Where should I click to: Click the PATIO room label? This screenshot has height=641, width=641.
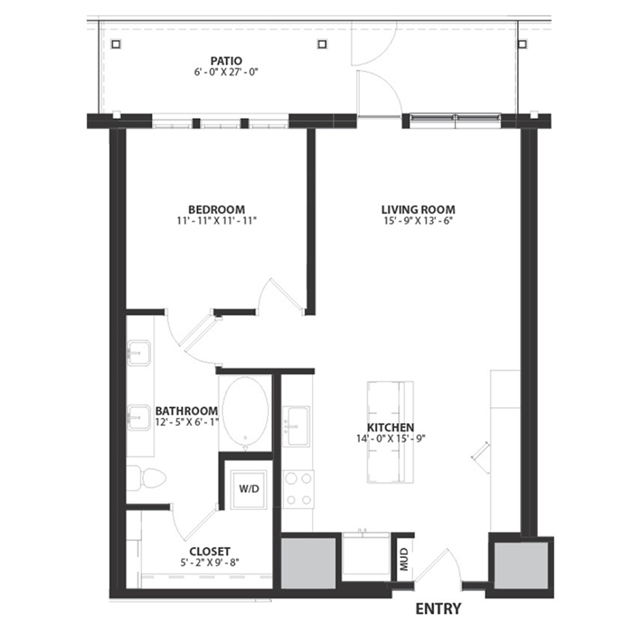(226, 61)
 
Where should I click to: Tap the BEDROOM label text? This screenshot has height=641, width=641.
(217, 209)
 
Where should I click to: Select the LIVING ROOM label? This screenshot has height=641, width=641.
(418, 209)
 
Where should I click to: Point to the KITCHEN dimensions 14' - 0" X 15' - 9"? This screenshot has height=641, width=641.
(391, 439)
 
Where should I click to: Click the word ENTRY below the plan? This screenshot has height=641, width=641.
(438, 609)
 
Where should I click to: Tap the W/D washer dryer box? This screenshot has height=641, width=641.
(249, 489)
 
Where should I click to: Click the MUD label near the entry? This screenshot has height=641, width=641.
(404, 559)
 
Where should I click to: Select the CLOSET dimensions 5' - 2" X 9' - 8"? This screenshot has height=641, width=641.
(209, 563)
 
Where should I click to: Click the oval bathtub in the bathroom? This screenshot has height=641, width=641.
(245, 413)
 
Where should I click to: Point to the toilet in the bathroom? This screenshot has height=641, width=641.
(146, 478)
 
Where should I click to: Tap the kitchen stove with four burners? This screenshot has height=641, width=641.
(298, 489)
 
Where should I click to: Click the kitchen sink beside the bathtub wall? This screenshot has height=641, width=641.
(296, 426)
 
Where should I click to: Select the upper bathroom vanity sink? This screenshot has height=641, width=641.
(139, 353)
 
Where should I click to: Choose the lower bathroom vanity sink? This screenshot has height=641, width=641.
(139, 417)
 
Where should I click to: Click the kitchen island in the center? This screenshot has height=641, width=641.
(390, 432)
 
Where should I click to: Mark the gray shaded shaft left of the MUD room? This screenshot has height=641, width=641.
(308, 563)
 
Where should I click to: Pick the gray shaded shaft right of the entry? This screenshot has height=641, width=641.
(521, 566)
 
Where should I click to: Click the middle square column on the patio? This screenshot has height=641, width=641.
(322, 43)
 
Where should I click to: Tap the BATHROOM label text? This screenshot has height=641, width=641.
(187, 411)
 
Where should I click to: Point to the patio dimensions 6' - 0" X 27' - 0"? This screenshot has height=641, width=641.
(226, 73)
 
